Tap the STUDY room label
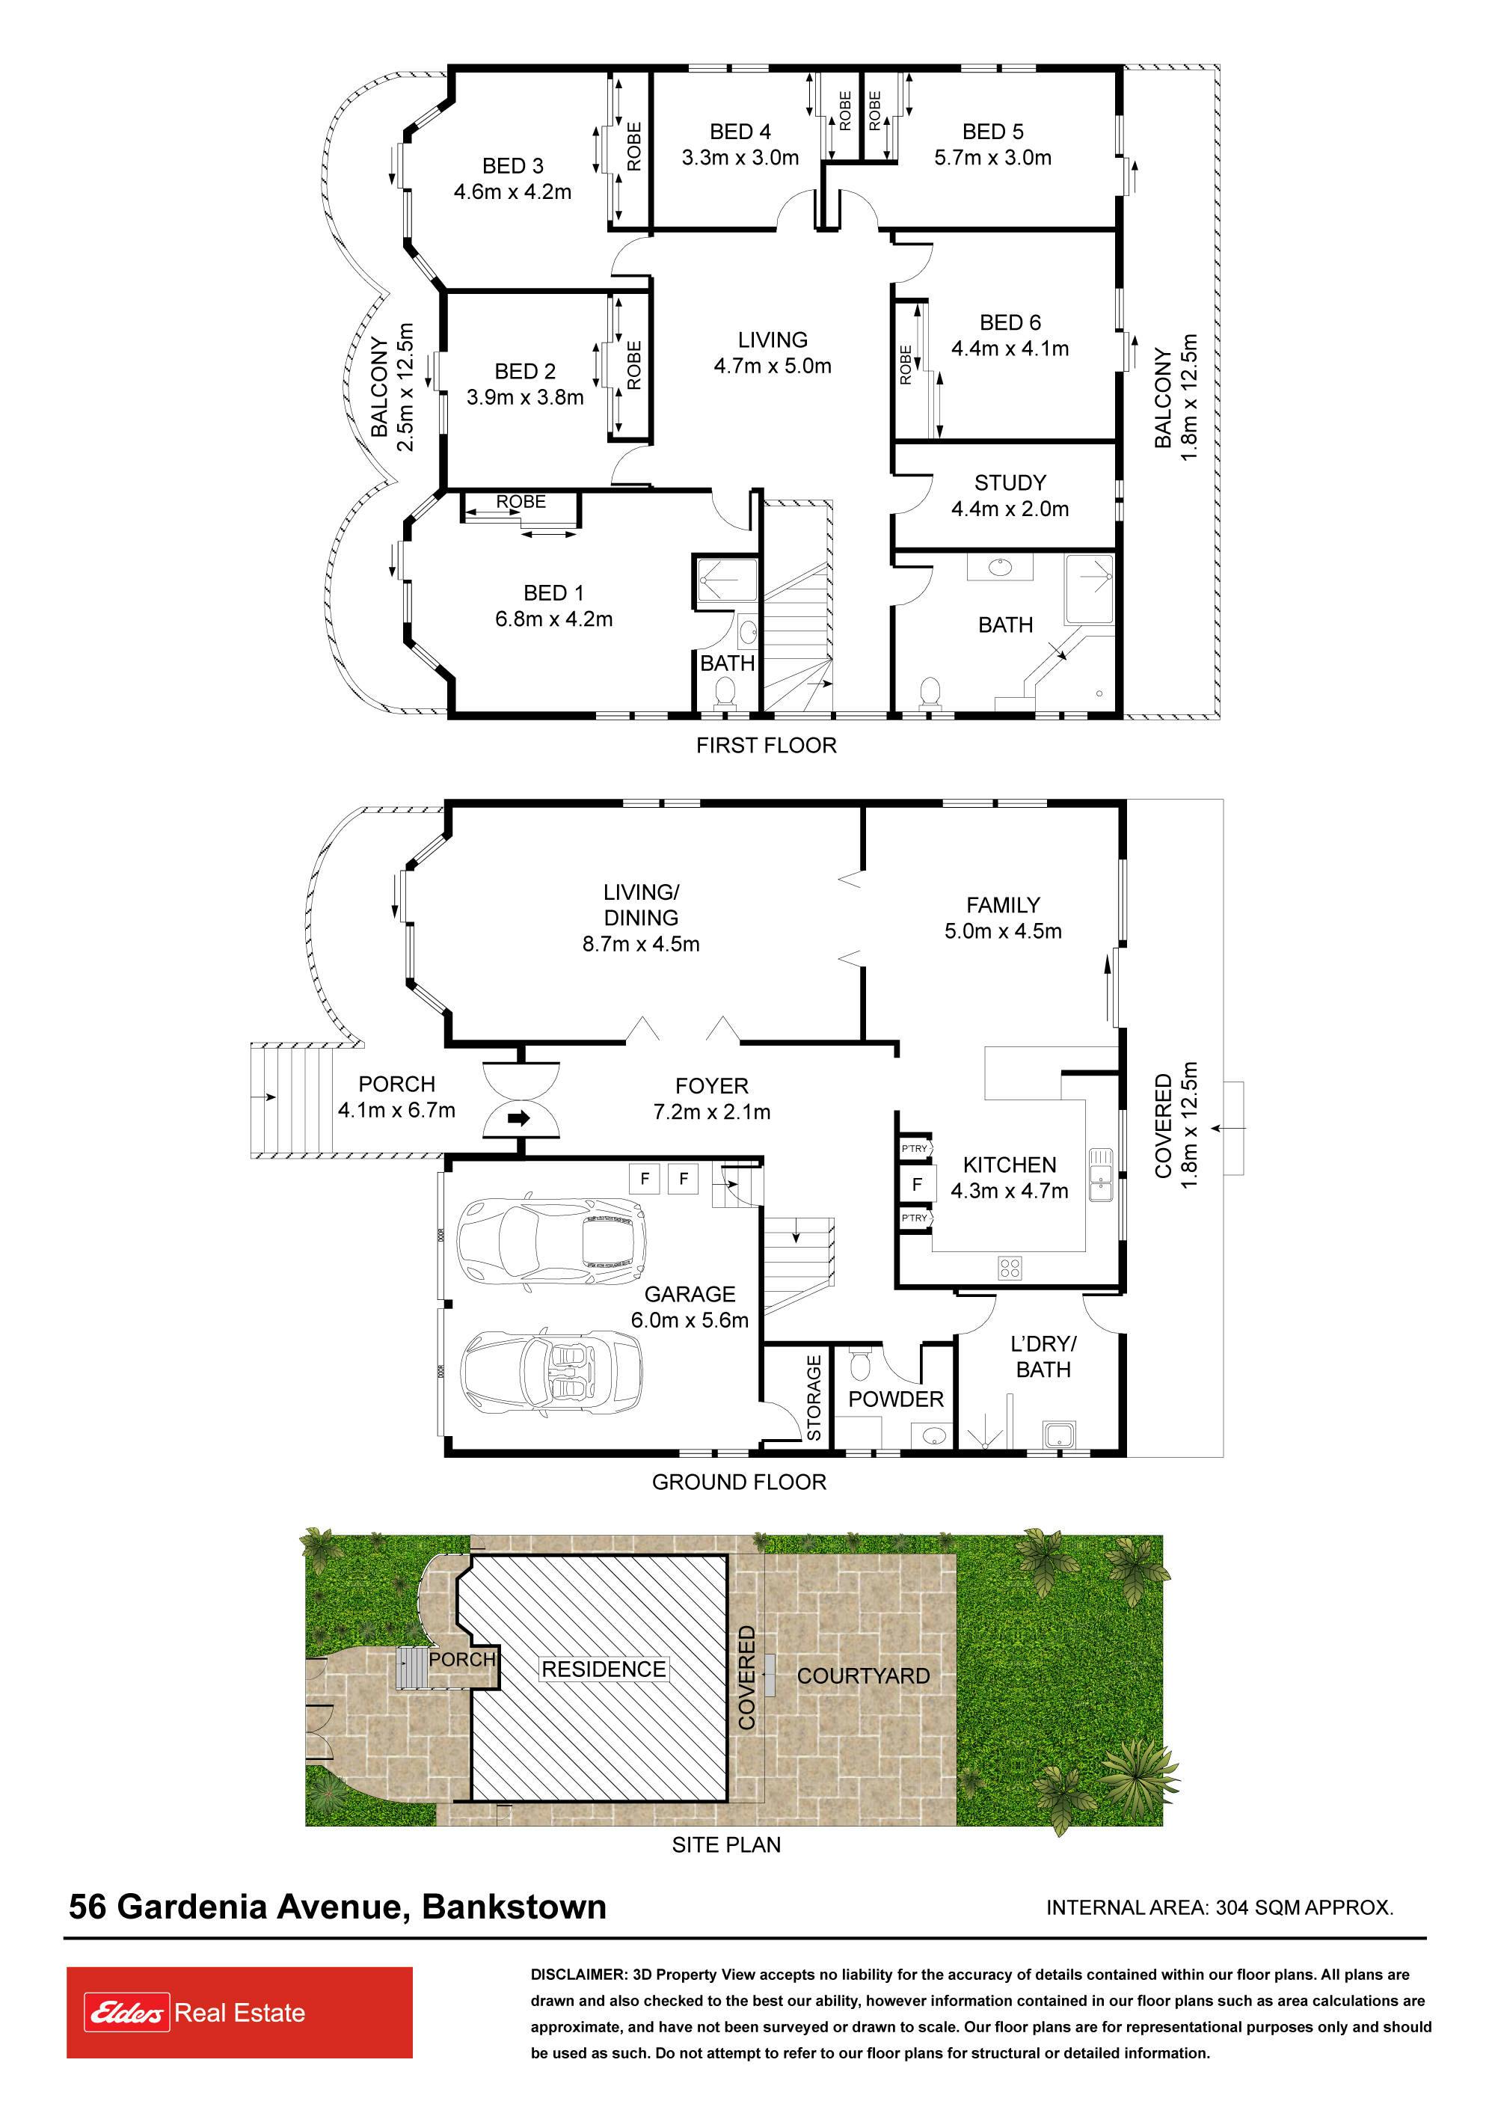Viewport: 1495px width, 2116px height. pos(1010,483)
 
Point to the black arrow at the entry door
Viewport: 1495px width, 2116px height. pos(520,1119)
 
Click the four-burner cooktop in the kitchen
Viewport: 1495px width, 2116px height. pos(1010,1267)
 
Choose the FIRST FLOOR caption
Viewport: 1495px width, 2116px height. pos(766,745)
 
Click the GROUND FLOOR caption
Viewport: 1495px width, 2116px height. pos(739,1482)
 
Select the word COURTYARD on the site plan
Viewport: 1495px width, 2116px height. pos(864,1675)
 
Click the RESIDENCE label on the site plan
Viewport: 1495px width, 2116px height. pos(604,1669)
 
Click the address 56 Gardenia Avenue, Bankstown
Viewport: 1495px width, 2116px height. pos(337,1906)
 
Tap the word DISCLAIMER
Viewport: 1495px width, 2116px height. pos(578,1975)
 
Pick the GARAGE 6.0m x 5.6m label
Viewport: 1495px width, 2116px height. pos(690,1307)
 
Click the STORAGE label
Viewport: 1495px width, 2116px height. pos(814,1398)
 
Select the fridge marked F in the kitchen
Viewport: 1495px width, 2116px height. pos(917,1184)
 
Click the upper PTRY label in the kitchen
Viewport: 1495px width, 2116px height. pos(915,1148)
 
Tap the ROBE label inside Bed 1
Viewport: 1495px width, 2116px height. pos(521,501)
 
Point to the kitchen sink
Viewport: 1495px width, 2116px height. pos(1101,1175)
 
